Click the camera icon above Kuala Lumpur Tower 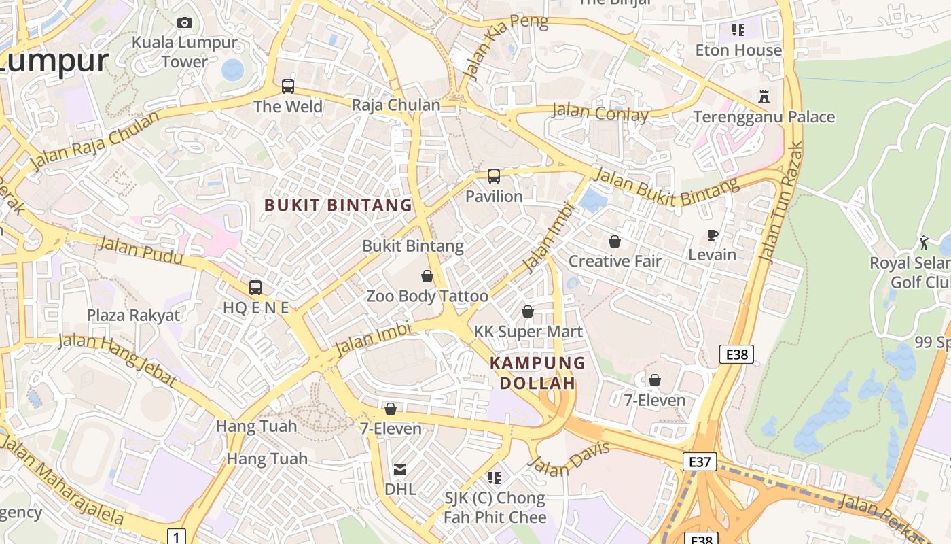click(184, 22)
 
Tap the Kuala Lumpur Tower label click(185, 52)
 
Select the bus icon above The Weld click(288, 86)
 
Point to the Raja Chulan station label click(395, 105)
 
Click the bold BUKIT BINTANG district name click(338, 205)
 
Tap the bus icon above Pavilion click(494, 176)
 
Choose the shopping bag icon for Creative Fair click(615, 241)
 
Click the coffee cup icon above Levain click(712, 235)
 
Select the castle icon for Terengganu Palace click(764, 97)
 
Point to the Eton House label click(738, 50)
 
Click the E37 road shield click(699, 462)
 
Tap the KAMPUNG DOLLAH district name click(538, 373)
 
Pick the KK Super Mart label click(528, 331)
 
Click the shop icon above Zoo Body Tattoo click(427, 276)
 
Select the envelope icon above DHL click(400, 470)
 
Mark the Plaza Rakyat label click(133, 315)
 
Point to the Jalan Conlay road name click(600, 112)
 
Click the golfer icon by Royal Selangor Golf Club click(924, 243)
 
